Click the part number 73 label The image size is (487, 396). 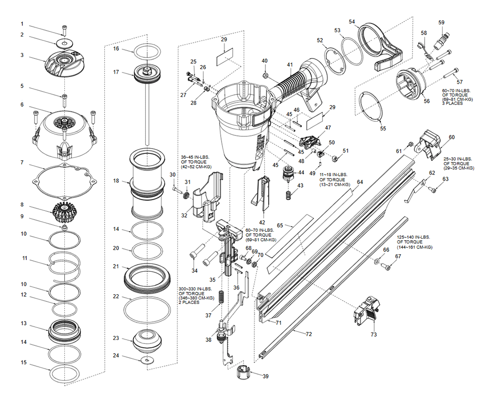[x=374, y=335]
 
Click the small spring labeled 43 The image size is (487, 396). [x=288, y=193]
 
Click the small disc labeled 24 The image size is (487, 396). [x=147, y=360]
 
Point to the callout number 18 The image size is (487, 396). [x=116, y=181]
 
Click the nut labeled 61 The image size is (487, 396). [x=411, y=144]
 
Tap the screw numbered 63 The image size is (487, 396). [x=432, y=189]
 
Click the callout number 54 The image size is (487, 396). [x=352, y=22]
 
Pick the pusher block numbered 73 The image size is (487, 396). [x=366, y=309]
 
